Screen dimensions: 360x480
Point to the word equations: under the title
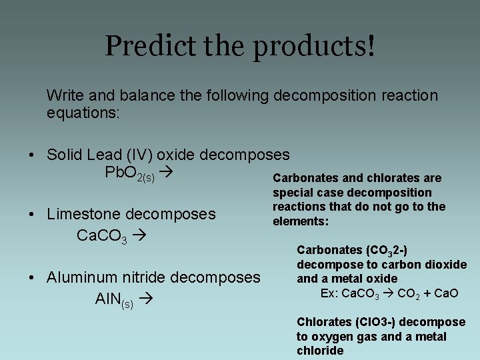pyautogui.click(x=83, y=113)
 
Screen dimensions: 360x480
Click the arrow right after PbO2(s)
pyautogui.click(x=167, y=173)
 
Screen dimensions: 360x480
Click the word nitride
pyautogui.click(x=146, y=277)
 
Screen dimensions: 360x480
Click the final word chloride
pyautogui.click(x=320, y=351)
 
